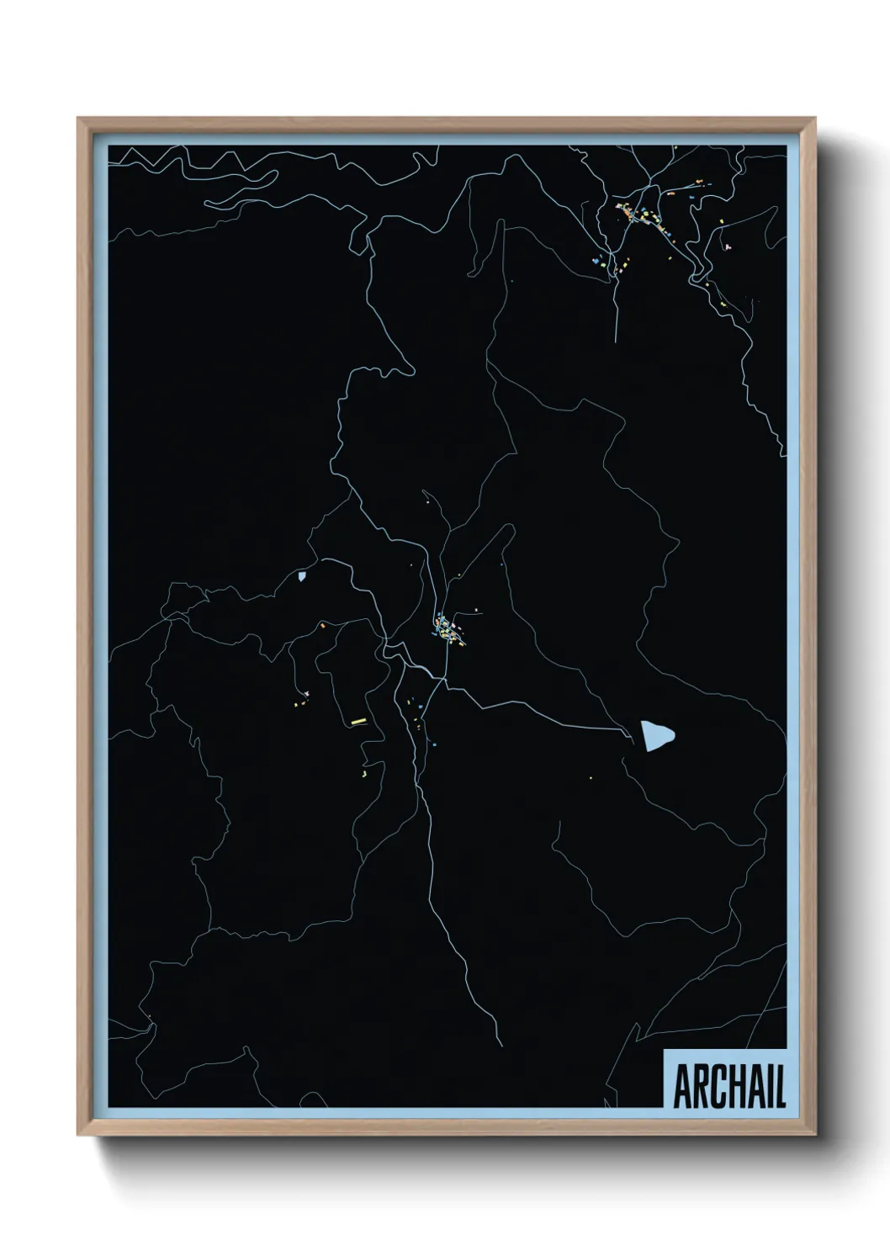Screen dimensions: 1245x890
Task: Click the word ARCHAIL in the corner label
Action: point(728,1089)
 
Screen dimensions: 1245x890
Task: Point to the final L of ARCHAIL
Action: point(780,1089)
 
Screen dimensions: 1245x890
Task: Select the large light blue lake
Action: point(657,735)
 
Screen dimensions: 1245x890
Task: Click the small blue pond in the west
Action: point(301,577)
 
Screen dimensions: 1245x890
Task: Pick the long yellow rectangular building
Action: point(357,721)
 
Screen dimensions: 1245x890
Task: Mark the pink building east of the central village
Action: point(477,609)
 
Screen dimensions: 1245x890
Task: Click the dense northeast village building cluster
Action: point(644,215)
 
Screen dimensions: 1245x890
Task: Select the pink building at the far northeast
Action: point(727,247)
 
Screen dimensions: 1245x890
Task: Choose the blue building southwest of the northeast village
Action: point(596,262)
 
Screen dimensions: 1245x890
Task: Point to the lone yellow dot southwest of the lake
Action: point(591,777)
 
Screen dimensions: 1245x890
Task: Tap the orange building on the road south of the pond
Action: point(321,625)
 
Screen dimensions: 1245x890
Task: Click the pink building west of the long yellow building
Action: point(308,693)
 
